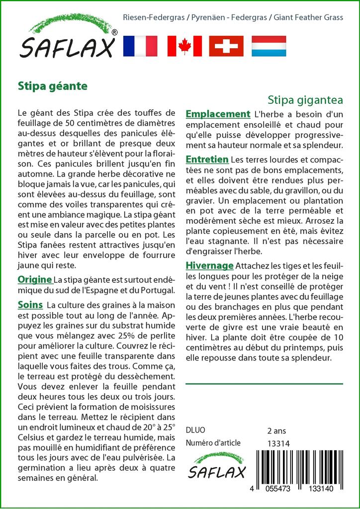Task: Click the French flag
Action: tap(140, 46)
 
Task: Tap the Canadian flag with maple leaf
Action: tap(184, 46)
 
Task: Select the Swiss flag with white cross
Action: tap(226, 46)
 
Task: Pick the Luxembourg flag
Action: tap(269, 46)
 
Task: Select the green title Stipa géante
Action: tap(52, 85)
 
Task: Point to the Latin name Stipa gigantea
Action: tap(305, 99)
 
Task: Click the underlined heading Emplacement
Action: tap(218, 114)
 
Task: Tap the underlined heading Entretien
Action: tap(207, 160)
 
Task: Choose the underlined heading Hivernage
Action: tap(209, 265)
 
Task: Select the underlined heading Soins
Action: tap(30, 304)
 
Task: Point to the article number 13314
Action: tap(278, 443)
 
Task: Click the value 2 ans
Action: tap(276, 430)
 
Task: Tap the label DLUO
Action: tap(195, 430)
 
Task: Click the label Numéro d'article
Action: tap(213, 443)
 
